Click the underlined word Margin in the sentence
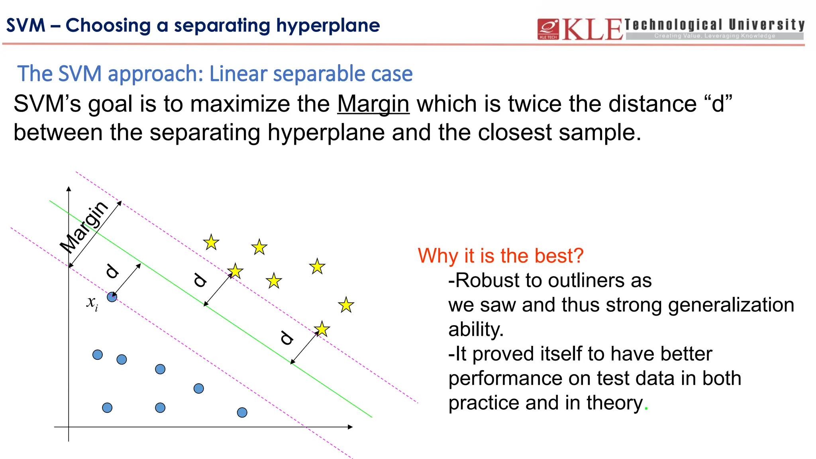373,104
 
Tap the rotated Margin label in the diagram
84,227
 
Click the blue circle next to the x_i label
112,297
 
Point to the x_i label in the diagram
92,303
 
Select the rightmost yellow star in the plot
346,305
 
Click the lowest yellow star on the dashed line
322,330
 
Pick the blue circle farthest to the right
242,412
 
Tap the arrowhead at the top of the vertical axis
69,189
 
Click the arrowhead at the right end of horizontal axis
350,427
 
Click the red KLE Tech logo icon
548,29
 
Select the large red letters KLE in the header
592,29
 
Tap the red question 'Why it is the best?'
500,255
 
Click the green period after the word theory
646,409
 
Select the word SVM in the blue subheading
80,74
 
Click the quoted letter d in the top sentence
718,104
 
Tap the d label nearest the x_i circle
112,271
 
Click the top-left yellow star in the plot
211,242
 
